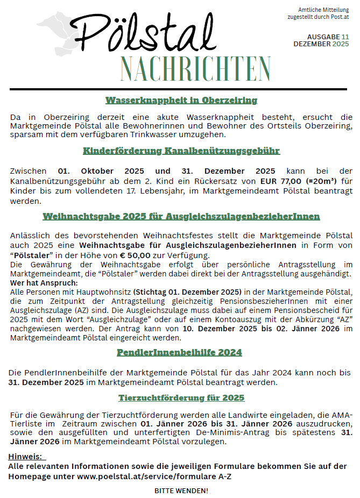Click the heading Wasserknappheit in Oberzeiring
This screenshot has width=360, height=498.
(x=181, y=100)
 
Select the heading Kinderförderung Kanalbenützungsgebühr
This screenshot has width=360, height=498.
(x=181, y=151)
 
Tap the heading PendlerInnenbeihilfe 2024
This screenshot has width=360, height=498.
(x=180, y=352)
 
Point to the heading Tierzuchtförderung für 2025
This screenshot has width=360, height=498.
(x=181, y=397)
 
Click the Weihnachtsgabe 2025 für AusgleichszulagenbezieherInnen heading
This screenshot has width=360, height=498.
(x=181, y=216)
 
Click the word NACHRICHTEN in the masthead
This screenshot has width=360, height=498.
(x=195, y=68)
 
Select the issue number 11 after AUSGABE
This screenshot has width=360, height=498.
(x=344, y=37)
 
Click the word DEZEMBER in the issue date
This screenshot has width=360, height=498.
(x=312, y=44)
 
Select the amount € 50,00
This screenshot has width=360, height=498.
(x=135, y=255)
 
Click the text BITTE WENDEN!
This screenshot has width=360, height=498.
(x=181, y=490)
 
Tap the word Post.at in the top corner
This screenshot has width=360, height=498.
(x=340, y=17)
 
